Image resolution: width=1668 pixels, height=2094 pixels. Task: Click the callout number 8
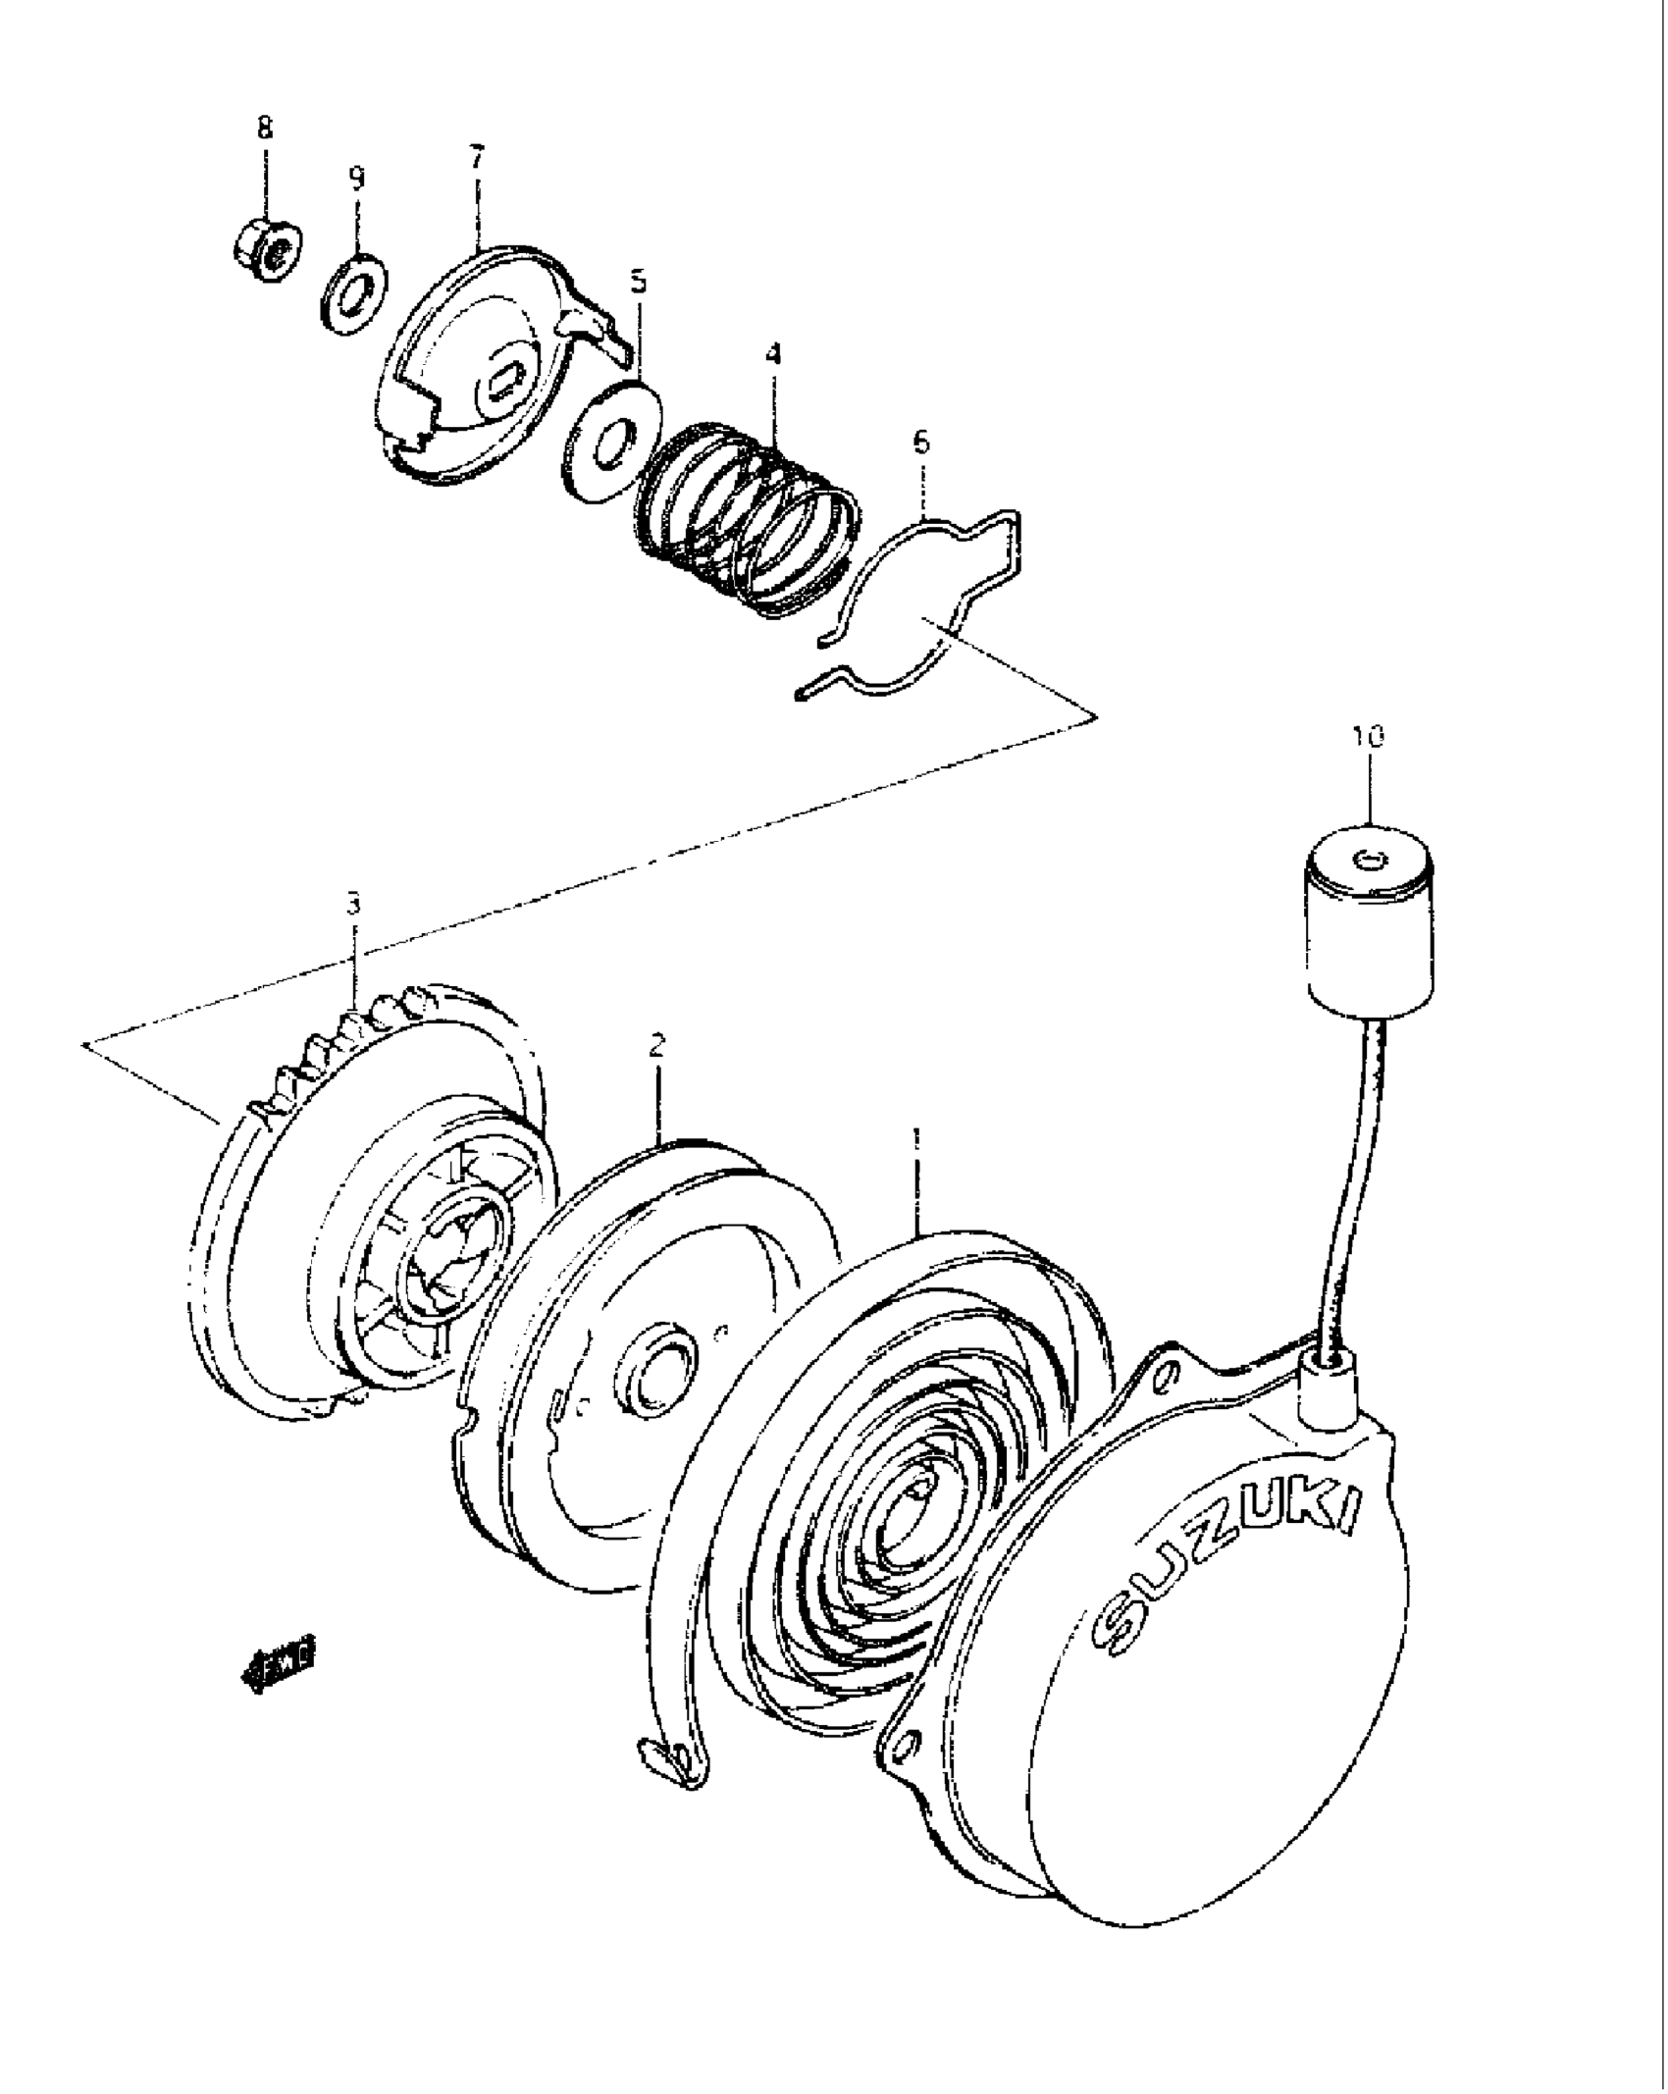265,128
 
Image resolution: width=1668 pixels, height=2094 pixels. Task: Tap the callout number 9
356,178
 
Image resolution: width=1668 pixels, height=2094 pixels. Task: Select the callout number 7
477,157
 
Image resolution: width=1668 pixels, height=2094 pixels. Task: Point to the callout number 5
639,283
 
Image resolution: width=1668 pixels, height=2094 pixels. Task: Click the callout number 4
773,353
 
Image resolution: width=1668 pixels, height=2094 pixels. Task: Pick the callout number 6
920,443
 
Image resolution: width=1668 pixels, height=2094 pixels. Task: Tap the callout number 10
1369,736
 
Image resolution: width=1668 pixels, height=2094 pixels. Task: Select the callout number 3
353,902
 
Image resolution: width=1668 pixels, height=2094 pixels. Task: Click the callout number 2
656,1044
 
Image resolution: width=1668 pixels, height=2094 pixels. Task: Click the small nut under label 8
269,253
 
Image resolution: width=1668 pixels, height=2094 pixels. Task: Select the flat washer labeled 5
612,442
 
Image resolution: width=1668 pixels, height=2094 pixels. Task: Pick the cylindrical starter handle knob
1369,927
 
